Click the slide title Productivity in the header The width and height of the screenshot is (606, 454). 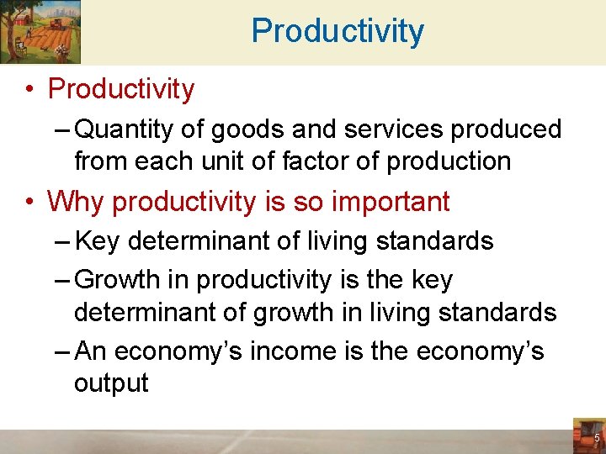tap(338, 32)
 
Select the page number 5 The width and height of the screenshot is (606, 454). tap(597, 438)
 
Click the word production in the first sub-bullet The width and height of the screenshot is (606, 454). tap(449, 161)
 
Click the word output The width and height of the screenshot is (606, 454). tap(111, 383)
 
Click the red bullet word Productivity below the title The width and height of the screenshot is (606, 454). tap(121, 89)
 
